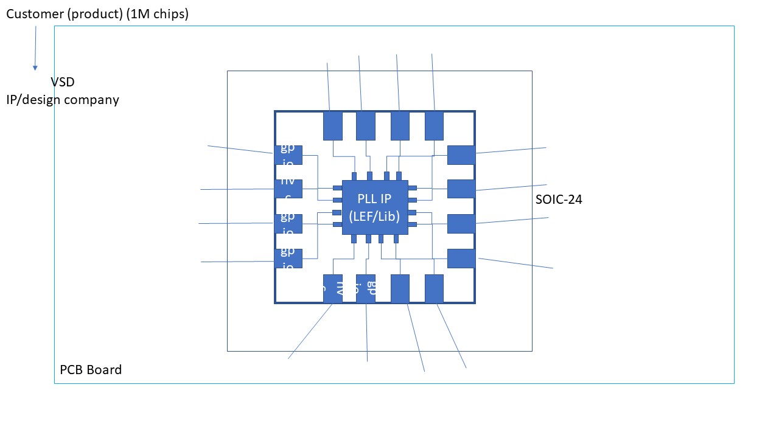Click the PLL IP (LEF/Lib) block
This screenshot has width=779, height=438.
pyautogui.click(x=374, y=207)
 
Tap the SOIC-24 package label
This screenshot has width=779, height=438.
pyautogui.click(x=559, y=199)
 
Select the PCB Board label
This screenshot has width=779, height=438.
pyautogui.click(x=91, y=370)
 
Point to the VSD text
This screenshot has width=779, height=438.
pyautogui.click(x=63, y=82)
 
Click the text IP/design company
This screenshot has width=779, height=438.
pyautogui.click(x=63, y=99)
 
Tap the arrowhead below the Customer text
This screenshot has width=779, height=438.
pyautogui.click(x=35, y=68)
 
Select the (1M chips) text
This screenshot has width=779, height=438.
pyautogui.click(x=157, y=14)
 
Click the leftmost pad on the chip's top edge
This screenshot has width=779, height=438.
pyautogui.click(x=333, y=125)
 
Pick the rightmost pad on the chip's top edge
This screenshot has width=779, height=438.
pyautogui.click(x=435, y=125)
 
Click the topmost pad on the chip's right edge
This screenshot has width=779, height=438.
pyautogui.click(x=461, y=155)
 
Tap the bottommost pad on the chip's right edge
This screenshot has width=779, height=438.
pyautogui.click(x=461, y=259)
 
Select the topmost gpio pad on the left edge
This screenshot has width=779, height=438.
pyautogui.click(x=288, y=155)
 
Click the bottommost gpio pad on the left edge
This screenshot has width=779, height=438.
pyautogui.click(x=288, y=259)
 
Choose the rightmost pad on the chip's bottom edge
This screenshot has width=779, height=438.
pyautogui.click(x=435, y=288)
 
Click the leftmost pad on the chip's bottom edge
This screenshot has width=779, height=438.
pyautogui.click(x=333, y=288)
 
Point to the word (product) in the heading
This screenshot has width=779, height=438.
pyautogui.click(x=94, y=14)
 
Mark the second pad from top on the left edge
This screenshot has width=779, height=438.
pyautogui.click(x=288, y=189)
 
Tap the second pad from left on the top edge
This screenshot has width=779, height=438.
pyautogui.click(x=365, y=125)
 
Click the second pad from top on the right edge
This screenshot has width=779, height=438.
pyautogui.click(x=461, y=189)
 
